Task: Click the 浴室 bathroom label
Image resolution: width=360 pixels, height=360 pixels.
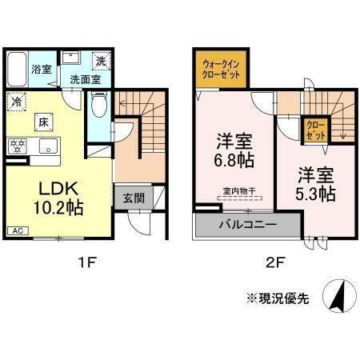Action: [x=41, y=69]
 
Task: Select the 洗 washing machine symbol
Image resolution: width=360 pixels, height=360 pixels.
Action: [x=101, y=60]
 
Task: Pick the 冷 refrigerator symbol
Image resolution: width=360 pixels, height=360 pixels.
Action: [x=17, y=102]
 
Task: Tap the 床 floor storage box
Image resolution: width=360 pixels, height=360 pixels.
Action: [x=45, y=122]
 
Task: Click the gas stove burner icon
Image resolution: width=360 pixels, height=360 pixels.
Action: [x=18, y=146]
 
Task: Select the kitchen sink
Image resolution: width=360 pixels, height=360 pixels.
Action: [x=48, y=147]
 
